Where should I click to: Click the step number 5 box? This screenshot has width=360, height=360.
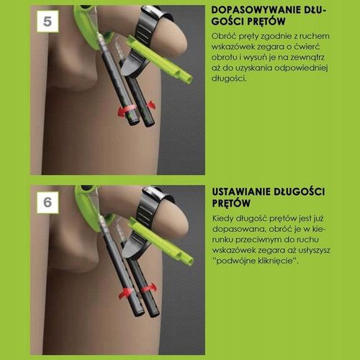click(48, 22)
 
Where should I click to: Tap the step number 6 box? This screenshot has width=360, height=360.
click(48, 202)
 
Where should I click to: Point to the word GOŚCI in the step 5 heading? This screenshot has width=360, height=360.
click(228, 21)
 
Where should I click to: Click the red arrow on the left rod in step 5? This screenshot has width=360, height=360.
click(125, 111)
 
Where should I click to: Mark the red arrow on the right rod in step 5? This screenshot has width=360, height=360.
click(151, 104)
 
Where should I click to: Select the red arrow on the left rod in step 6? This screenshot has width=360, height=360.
click(125, 293)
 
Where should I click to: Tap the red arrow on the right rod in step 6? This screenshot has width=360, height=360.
click(149, 288)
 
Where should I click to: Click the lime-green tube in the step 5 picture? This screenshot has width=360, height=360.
click(159, 59)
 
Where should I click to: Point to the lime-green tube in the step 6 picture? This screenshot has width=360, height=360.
click(161, 241)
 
